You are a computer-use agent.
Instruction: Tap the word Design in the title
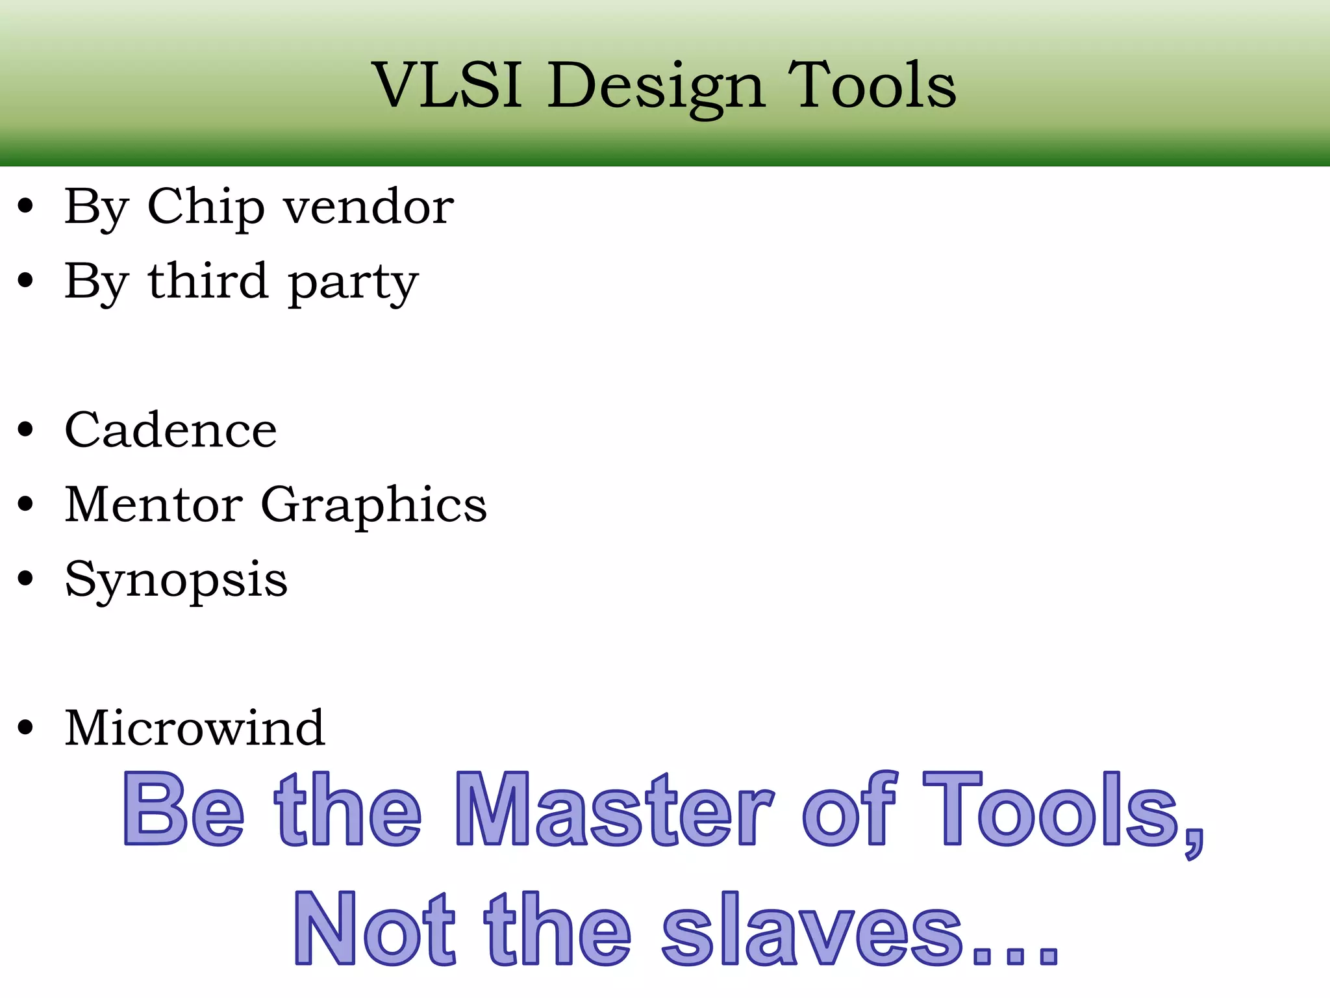(655, 87)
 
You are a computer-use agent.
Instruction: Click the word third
(208, 281)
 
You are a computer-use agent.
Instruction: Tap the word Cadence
(171, 430)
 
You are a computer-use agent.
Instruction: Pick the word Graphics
(373, 507)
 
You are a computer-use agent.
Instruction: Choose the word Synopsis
(176, 581)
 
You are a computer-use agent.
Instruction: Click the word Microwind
(195, 728)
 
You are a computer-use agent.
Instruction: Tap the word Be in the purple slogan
(184, 809)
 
